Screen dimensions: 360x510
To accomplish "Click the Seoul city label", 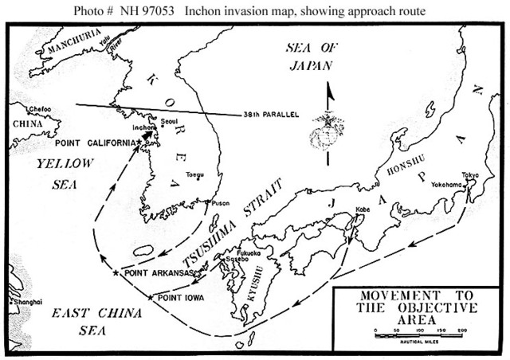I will click(x=167, y=121).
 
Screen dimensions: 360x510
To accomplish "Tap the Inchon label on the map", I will click(x=143, y=127).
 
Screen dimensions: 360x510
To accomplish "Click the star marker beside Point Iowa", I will click(x=151, y=297).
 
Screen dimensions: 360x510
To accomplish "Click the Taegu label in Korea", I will click(x=194, y=174).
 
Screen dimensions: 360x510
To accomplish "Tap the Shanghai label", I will click(x=27, y=303).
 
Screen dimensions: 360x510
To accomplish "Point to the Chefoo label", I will click(x=38, y=108).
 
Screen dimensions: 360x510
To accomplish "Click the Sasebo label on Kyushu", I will click(x=237, y=260).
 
